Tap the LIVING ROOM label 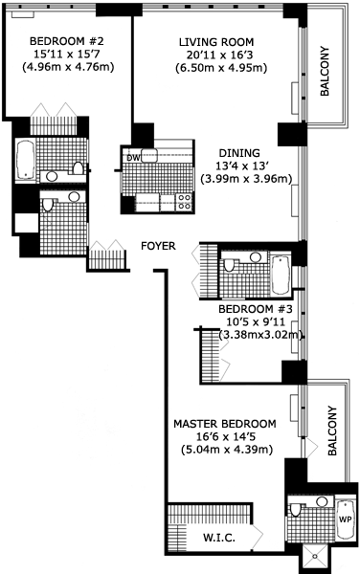click(x=216, y=42)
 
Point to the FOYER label click(x=158, y=246)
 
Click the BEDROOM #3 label click(x=256, y=309)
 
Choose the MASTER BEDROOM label click(x=224, y=424)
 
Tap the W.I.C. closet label click(x=219, y=538)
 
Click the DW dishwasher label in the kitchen click(x=133, y=158)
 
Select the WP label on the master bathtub click(x=346, y=519)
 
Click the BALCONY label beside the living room click(x=325, y=71)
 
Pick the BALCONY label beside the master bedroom click(x=332, y=430)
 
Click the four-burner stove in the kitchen click(x=185, y=203)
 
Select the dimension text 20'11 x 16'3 click(x=220, y=55)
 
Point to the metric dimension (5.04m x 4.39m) click(x=227, y=450)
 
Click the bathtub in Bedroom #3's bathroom click(x=281, y=275)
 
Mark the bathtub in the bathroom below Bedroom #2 click(x=26, y=160)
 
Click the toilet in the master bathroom click(x=295, y=510)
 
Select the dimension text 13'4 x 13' click(x=242, y=166)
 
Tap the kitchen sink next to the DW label click(x=149, y=156)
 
